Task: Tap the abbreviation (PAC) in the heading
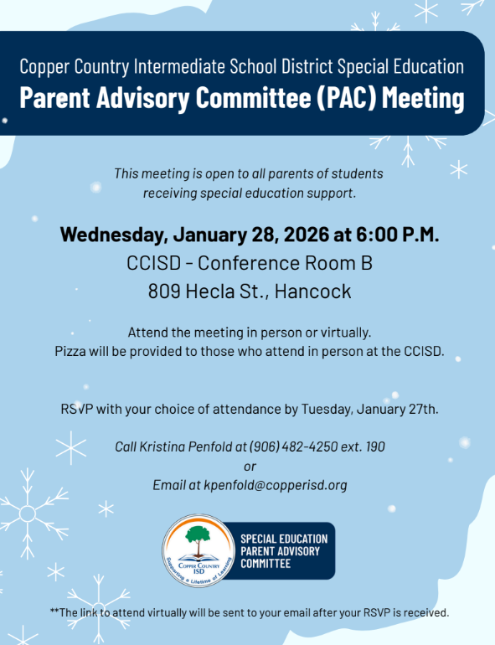tap(327, 98)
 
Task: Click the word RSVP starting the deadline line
tap(76, 410)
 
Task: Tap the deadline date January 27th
tap(398, 410)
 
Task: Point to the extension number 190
tap(374, 446)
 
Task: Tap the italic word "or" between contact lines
tap(249, 466)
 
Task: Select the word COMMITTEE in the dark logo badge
tap(266, 564)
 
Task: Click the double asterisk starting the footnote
tap(54, 611)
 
